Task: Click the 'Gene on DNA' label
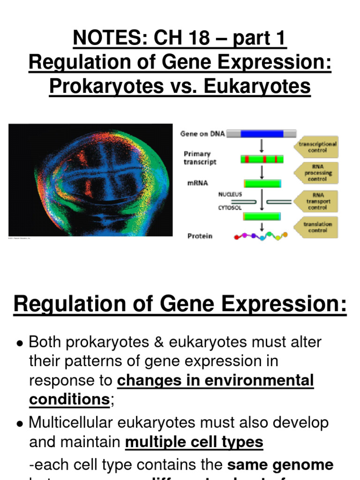point(202,134)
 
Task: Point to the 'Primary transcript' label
point(197,158)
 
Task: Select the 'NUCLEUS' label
point(230,194)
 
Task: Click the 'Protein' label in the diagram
point(200,236)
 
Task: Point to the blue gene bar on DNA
point(262,134)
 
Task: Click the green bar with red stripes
point(262,159)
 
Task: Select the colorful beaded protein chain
point(260,236)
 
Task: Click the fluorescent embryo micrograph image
point(90,180)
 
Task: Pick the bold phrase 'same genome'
point(280,465)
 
